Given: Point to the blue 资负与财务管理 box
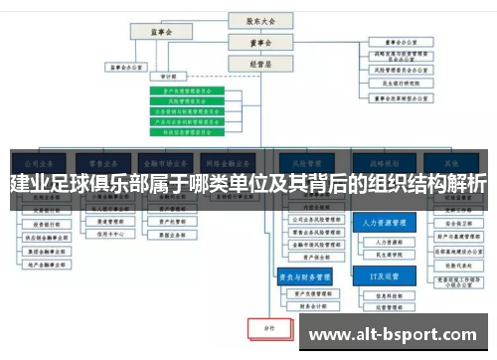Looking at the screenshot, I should click(304, 275).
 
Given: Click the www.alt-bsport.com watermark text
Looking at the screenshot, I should click(394, 336).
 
